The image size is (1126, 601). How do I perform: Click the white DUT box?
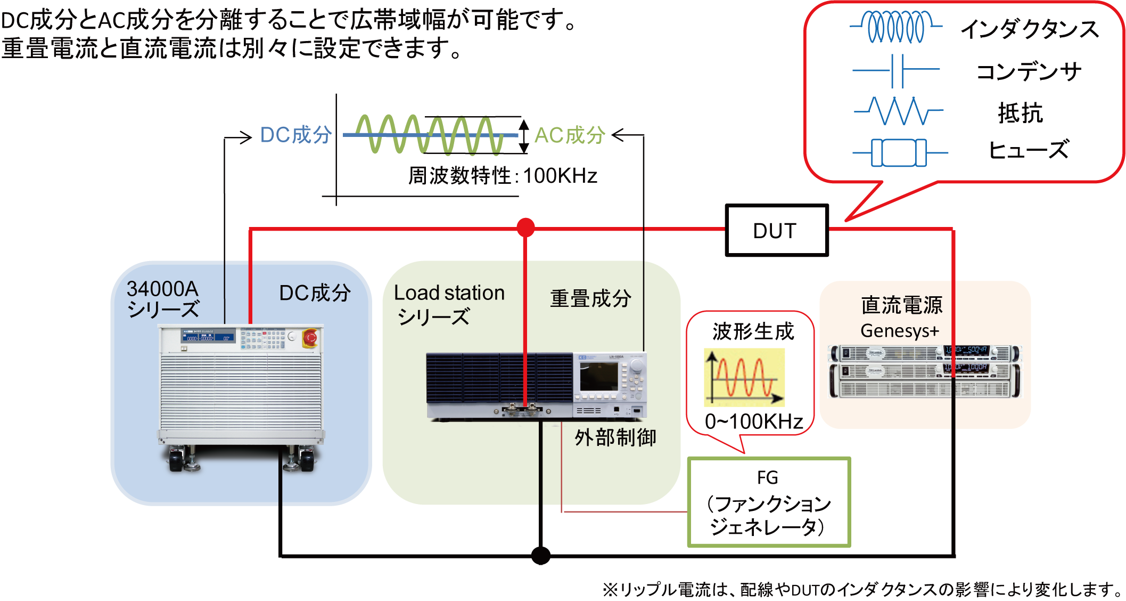[776, 231]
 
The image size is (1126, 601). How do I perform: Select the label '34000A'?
[162, 289]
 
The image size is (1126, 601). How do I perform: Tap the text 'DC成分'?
[315, 293]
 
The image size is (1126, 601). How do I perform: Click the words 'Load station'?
[449, 293]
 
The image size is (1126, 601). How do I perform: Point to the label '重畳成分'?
[590, 298]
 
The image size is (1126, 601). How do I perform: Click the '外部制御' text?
[615, 437]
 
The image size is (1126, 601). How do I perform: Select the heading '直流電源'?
[901, 305]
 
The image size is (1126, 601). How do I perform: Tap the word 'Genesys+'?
[899, 331]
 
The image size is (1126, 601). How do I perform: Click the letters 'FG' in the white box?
[767, 477]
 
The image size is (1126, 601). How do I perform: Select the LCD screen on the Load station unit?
[598, 376]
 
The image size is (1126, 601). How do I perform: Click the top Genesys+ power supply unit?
[925, 353]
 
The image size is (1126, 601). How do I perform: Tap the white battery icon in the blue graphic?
[898, 153]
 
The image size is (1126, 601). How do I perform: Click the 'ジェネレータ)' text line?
[767, 527]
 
